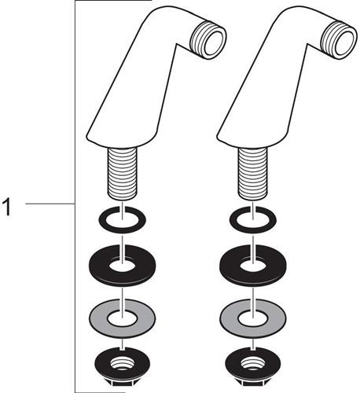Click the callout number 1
click(8, 207)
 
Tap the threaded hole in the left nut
click(123, 364)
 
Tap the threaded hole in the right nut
click(253, 364)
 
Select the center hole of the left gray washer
click(123, 318)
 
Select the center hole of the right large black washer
click(253, 266)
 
